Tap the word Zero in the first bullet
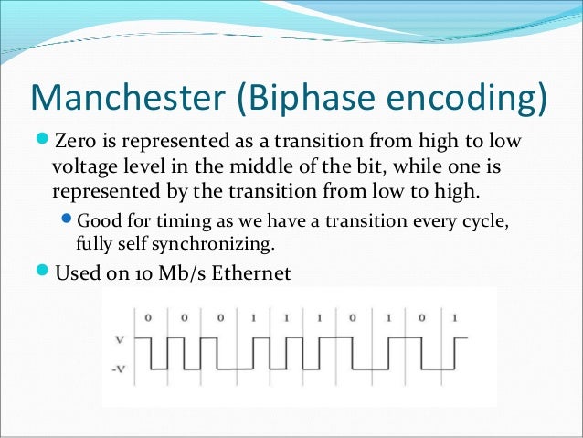coord(74,142)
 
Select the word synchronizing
coord(218,243)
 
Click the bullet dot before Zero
coord(44,142)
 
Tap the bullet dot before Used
coord(44,272)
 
